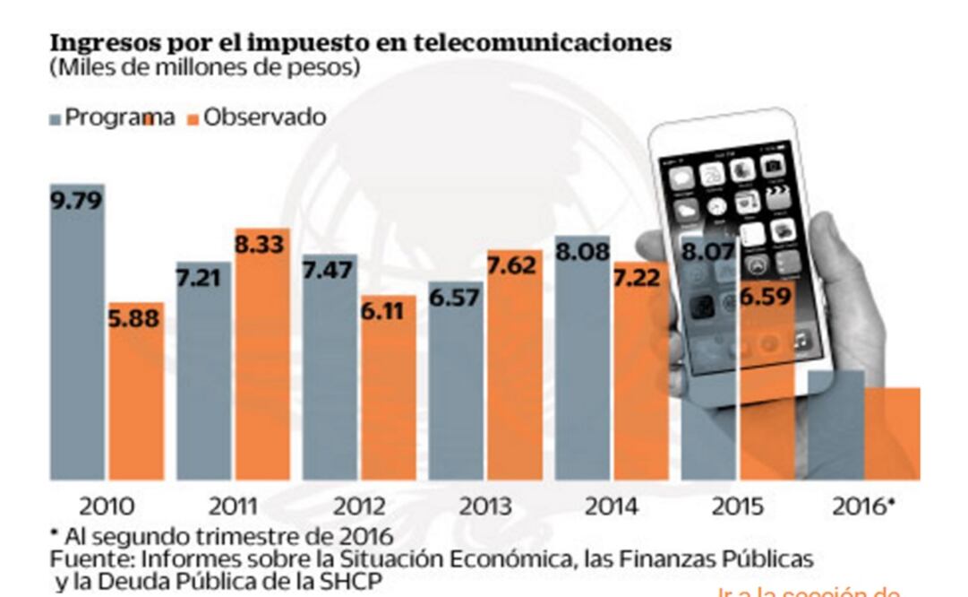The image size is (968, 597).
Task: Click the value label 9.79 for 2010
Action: coord(77,200)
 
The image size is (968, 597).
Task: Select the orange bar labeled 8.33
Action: coord(262,359)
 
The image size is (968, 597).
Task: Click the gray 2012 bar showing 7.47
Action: coord(330,376)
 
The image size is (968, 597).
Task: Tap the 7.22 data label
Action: coord(641,277)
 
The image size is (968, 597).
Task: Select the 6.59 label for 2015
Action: coord(767,297)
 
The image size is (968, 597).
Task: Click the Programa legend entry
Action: coord(112,117)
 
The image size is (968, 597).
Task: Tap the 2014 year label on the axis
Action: coord(612,506)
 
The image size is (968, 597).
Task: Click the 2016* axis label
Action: coord(863,506)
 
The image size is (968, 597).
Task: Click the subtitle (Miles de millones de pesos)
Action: coord(205,67)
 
